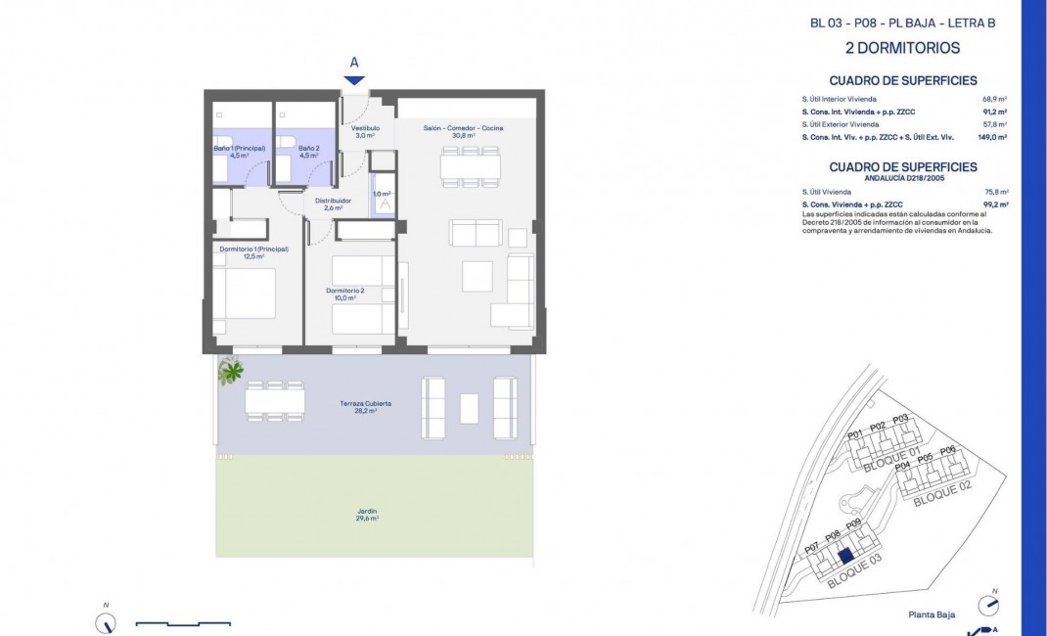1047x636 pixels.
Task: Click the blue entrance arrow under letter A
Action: point(354,80)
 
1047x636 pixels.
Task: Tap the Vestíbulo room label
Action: point(365,132)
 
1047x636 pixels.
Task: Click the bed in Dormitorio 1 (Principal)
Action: point(245,294)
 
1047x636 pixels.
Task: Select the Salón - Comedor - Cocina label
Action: point(463,128)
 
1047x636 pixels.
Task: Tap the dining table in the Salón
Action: point(471,167)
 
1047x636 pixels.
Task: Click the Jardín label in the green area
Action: point(367,515)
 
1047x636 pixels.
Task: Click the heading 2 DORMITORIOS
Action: point(901,48)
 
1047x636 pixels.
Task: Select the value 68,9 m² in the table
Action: point(995,99)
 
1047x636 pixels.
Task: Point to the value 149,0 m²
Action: point(992,138)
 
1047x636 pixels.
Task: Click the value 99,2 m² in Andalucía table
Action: point(994,205)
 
